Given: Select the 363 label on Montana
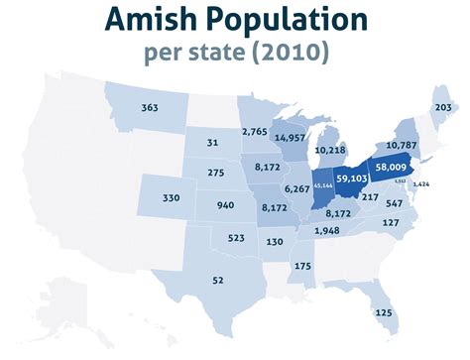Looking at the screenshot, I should pos(150,107).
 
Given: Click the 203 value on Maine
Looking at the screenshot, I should pos(443,107).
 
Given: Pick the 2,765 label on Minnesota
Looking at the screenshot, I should pos(255,132).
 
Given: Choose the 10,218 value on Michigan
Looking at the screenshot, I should pos(330,150).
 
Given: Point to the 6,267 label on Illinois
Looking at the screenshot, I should pos(296,187).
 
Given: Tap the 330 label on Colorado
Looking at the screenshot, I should pos(171,198).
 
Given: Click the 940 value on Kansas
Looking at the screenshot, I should pos(225,205).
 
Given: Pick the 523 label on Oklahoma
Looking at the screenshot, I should pos(236,238).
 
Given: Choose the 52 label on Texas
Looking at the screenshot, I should pos(218,281).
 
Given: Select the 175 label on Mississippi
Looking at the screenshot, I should pos(302,266).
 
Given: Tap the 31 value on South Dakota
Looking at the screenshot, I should pos(212,144).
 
